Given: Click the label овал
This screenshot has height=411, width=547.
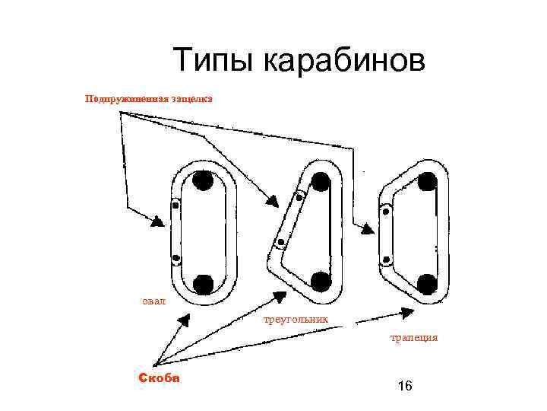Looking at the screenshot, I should tap(153, 301).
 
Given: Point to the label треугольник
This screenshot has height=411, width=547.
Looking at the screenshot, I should tap(296, 319).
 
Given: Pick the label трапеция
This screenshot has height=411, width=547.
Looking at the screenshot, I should tap(414, 337).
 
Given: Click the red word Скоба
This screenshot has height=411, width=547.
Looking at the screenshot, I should tap(159, 378).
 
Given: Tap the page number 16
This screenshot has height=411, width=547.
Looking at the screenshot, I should tap(405, 387).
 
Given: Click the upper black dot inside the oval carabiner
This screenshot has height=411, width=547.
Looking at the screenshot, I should tap(203, 181).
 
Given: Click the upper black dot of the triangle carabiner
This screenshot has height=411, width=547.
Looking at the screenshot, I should tap(321, 181).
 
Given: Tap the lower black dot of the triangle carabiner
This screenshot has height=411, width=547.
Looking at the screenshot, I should tap(321, 282).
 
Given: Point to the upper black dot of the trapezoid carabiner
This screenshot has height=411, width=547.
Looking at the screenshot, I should tap(427, 182).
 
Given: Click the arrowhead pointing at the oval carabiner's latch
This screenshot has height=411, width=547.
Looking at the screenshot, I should tap(158, 221).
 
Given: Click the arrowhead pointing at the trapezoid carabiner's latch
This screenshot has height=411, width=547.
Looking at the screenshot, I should tap(367, 228).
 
